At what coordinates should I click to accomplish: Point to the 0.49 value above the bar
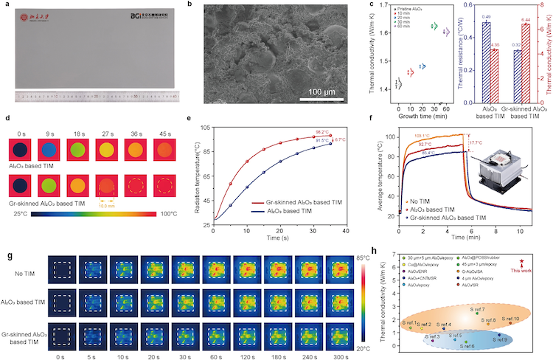tap(445, 15)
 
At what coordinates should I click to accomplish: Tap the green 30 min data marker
tap(434, 27)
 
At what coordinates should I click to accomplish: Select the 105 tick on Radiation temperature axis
tap(205, 125)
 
